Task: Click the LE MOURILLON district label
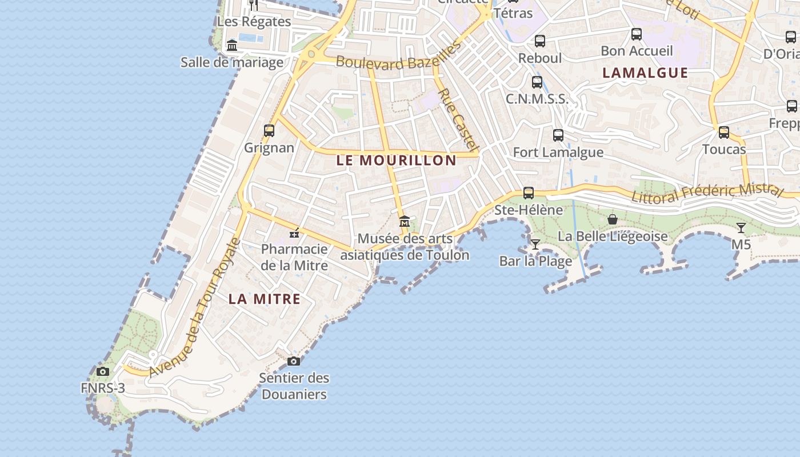click(x=396, y=161)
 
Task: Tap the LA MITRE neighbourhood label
click(x=265, y=299)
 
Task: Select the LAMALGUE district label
click(x=645, y=73)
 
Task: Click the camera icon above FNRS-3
click(x=103, y=372)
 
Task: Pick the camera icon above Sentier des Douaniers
click(x=294, y=361)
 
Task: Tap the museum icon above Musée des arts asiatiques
click(x=405, y=221)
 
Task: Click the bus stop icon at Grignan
click(x=269, y=131)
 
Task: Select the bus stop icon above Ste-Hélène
click(x=529, y=193)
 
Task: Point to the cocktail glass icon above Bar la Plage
click(x=535, y=244)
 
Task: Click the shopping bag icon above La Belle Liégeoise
click(x=613, y=219)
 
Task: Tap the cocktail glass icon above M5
click(x=741, y=228)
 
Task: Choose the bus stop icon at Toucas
click(x=724, y=133)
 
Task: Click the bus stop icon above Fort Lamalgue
click(x=558, y=135)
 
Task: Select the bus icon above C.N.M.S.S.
click(x=537, y=82)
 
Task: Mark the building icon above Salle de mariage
click(x=232, y=45)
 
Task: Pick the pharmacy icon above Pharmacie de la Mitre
click(x=295, y=232)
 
